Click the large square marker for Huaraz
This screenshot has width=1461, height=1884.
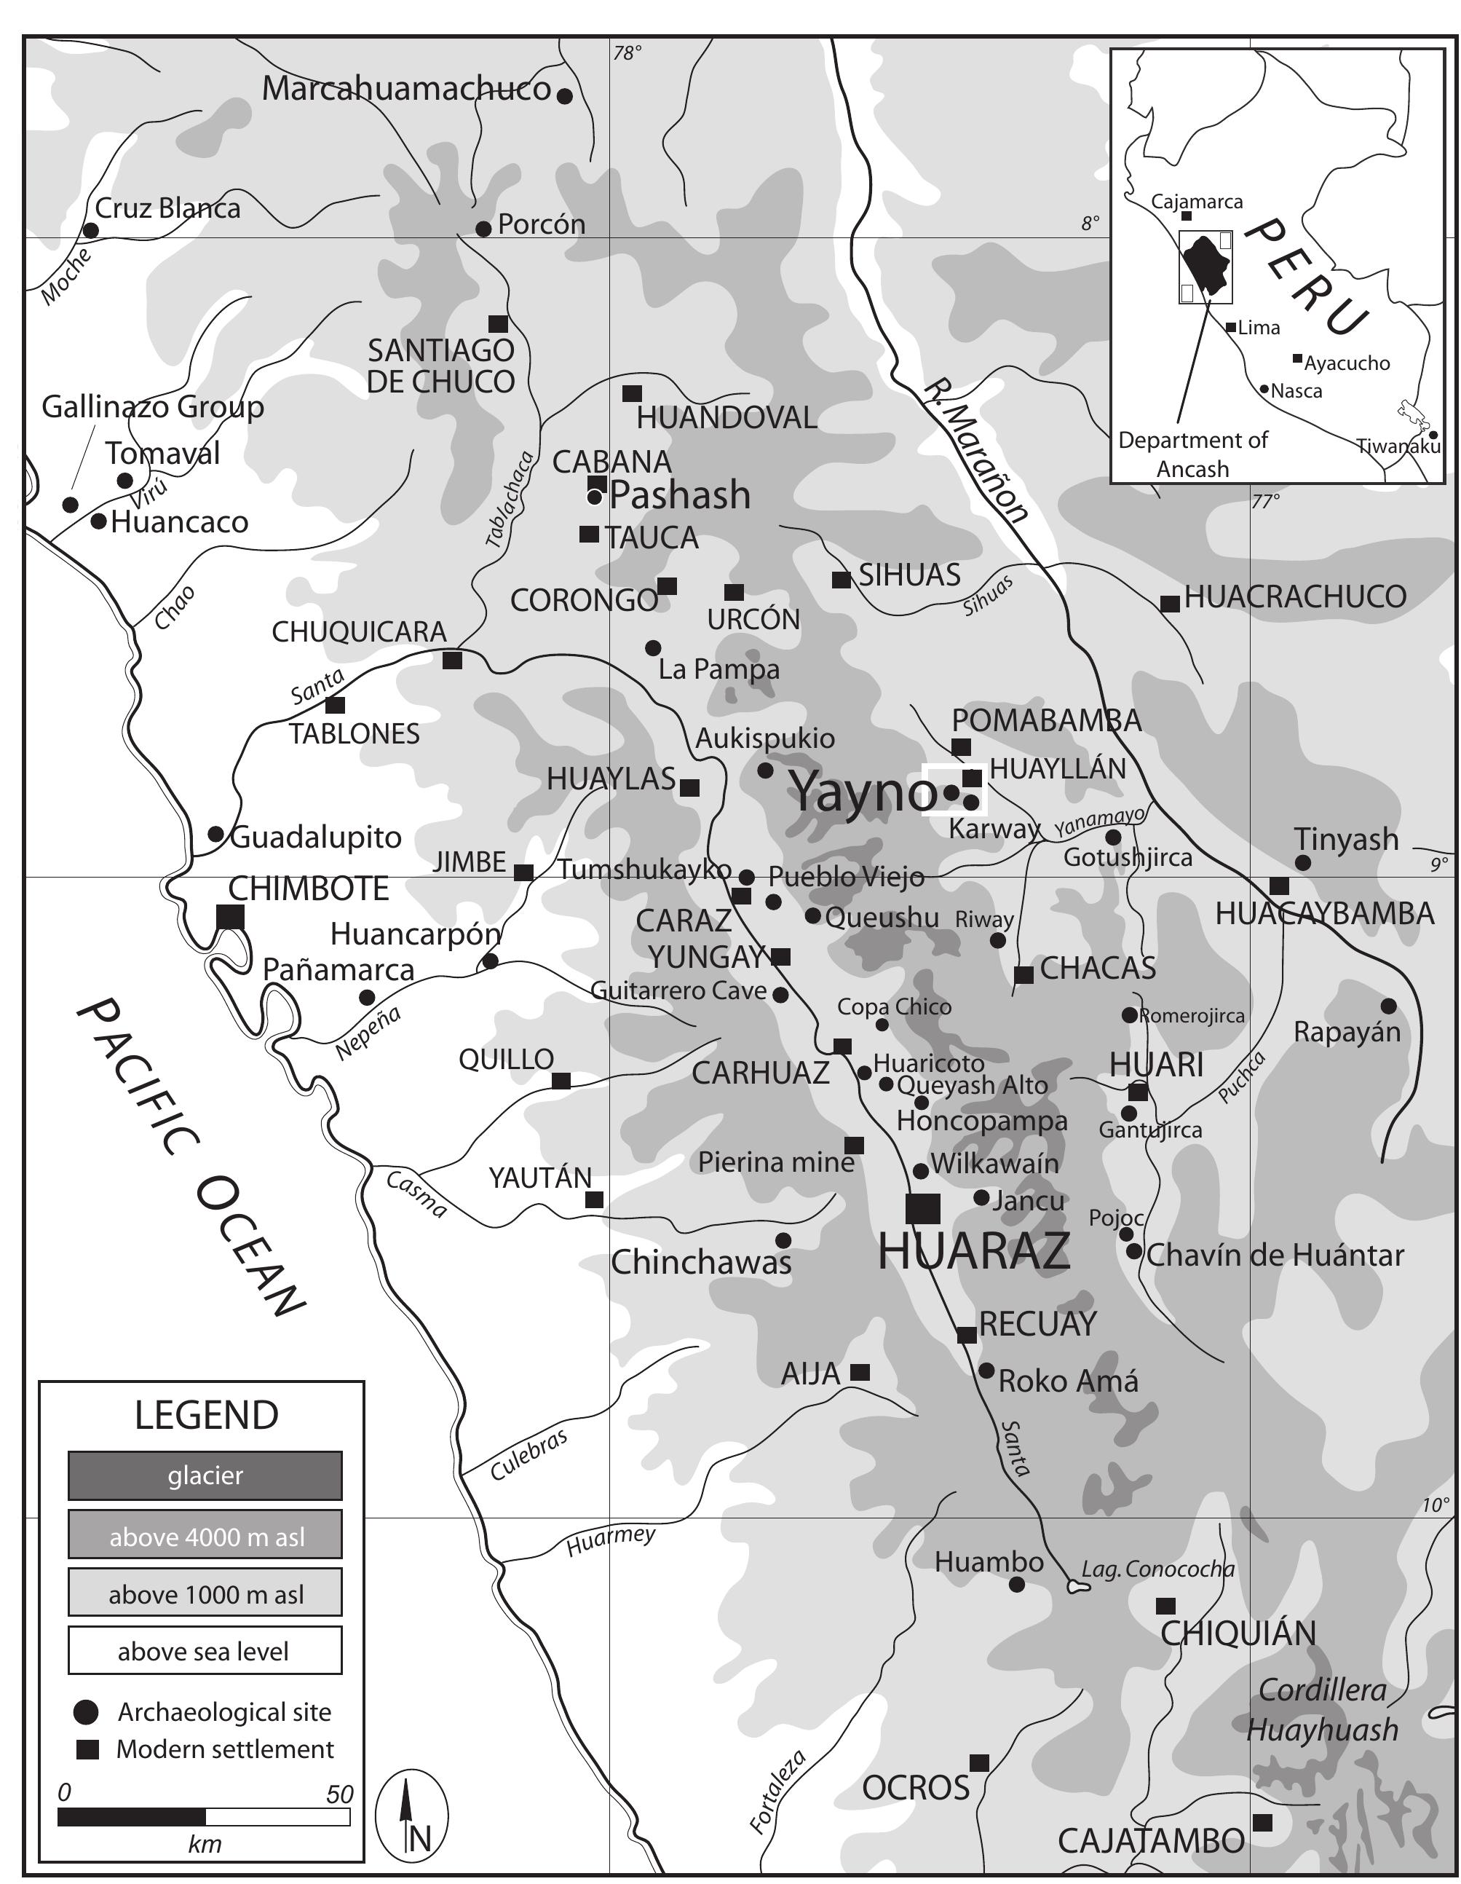[922, 1207]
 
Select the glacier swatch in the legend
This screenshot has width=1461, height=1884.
[205, 1475]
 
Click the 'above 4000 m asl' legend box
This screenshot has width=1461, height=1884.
[205, 1534]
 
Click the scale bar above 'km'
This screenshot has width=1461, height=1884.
[204, 1817]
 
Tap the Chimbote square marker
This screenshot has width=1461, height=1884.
[229, 916]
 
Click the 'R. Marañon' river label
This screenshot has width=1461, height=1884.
[975, 452]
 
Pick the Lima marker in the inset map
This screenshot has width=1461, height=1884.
[1231, 328]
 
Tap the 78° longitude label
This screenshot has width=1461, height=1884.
[627, 53]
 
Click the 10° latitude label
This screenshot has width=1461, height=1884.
[1435, 1505]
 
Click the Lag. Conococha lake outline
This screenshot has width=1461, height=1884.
[1074, 1585]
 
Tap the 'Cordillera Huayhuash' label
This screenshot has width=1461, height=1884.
[1322, 1710]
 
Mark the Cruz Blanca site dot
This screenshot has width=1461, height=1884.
[90, 230]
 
